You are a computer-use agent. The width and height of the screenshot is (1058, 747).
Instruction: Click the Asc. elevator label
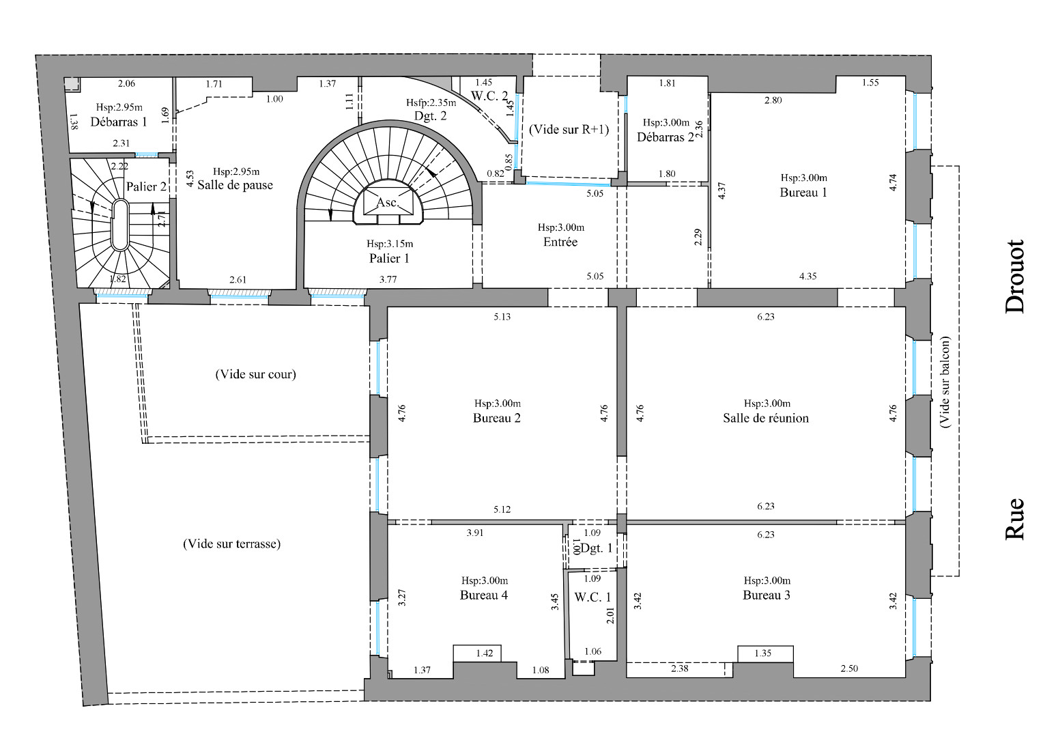pyautogui.click(x=387, y=203)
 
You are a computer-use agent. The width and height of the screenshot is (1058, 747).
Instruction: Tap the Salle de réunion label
pyautogui.click(x=765, y=419)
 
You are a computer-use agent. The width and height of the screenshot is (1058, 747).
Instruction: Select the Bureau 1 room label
pyautogui.click(x=803, y=193)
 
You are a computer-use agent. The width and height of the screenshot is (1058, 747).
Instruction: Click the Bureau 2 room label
pyautogui.click(x=496, y=419)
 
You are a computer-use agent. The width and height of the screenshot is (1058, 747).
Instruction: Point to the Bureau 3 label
pyautogui.click(x=766, y=595)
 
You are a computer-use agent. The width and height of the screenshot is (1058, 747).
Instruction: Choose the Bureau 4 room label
pyautogui.click(x=483, y=595)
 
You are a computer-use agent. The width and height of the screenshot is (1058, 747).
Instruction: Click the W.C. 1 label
pyautogui.click(x=592, y=597)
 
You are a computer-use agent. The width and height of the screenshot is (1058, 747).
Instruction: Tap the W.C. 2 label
pyautogui.click(x=489, y=96)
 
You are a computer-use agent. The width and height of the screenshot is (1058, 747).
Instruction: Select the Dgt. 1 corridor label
pyautogui.click(x=597, y=548)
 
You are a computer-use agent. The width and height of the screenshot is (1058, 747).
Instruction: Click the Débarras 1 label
pyautogui.click(x=119, y=122)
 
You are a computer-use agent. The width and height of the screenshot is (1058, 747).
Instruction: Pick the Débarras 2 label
pyautogui.click(x=665, y=137)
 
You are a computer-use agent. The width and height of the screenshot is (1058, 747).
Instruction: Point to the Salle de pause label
pyautogui.click(x=235, y=185)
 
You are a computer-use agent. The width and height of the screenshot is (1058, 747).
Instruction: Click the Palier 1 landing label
pyautogui.click(x=389, y=258)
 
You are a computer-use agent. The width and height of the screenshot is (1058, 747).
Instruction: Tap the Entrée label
pyautogui.click(x=560, y=242)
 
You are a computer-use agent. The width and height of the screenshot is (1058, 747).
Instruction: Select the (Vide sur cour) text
pyautogui.click(x=255, y=374)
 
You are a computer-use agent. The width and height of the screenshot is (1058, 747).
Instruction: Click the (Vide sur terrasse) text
pyautogui.click(x=231, y=544)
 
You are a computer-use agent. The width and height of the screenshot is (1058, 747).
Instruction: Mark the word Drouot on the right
pyautogui.click(x=1015, y=277)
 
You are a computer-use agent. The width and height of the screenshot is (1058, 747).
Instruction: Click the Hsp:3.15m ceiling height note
pyautogui.click(x=389, y=244)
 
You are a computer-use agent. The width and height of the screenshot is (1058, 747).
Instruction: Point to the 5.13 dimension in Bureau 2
pyautogui.click(x=502, y=317)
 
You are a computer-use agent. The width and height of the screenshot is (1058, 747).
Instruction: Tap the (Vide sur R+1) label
pyautogui.click(x=569, y=130)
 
